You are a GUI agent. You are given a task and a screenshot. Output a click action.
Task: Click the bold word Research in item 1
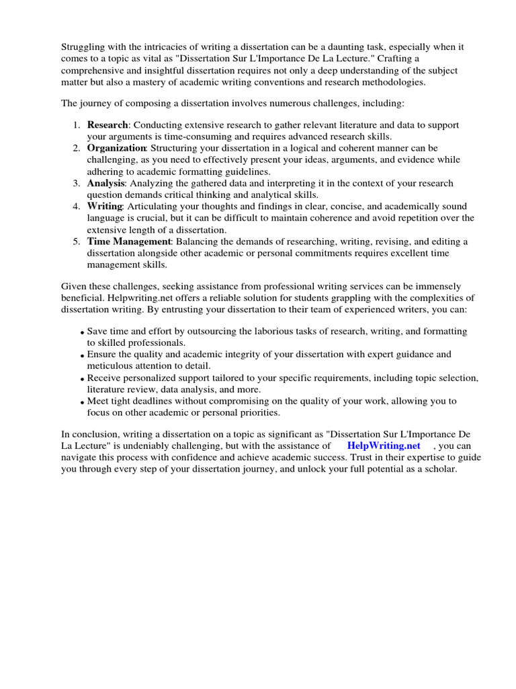pyautogui.click(x=107, y=125)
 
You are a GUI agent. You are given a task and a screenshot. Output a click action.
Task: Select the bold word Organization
pyautogui.click(x=116, y=147)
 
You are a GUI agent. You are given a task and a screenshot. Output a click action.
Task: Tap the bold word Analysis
pyautogui.click(x=106, y=183)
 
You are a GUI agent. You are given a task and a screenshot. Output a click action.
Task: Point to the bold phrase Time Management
pyautogui.click(x=129, y=242)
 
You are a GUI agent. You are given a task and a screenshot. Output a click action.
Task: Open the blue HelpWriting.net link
pyautogui.click(x=384, y=445)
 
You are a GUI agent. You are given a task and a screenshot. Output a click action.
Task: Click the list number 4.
pyautogui.click(x=77, y=207)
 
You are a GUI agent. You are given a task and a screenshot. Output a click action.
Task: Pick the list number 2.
pyautogui.click(x=77, y=147)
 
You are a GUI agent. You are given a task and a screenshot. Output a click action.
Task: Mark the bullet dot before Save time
pyautogui.click(x=81, y=333)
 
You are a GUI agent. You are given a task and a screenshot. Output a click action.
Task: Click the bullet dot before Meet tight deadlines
pyautogui.click(x=81, y=402)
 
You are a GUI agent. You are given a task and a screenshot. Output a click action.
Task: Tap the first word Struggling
pyautogui.click(x=84, y=47)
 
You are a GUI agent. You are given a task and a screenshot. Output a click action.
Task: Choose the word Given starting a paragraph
pyautogui.click(x=75, y=287)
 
